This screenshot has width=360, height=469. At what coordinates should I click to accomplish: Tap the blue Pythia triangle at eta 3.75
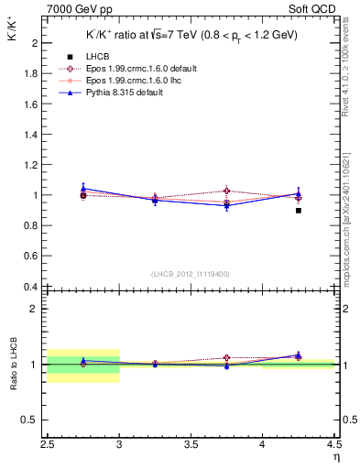(x=227, y=205)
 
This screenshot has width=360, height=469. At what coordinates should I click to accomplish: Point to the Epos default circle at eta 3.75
(x=227, y=191)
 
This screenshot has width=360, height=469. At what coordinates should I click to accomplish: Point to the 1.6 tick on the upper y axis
(x=32, y=104)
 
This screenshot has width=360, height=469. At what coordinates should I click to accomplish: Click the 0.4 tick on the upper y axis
(x=32, y=287)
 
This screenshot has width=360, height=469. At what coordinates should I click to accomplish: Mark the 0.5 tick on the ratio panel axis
(x=32, y=420)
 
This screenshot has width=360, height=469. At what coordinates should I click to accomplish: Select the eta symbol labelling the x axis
(x=336, y=456)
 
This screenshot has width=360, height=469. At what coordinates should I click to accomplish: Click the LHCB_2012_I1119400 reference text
(x=191, y=273)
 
